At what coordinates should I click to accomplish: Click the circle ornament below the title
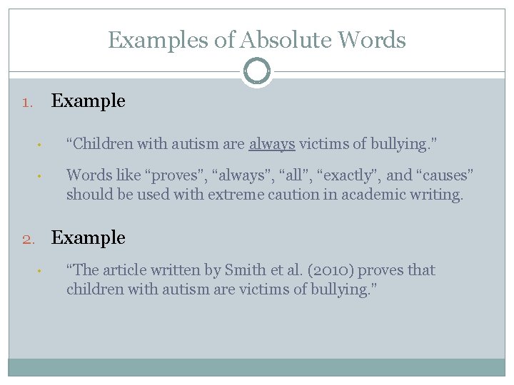(256, 71)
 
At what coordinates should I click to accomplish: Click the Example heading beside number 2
(89, 237)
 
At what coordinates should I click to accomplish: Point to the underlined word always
(272, 144)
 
